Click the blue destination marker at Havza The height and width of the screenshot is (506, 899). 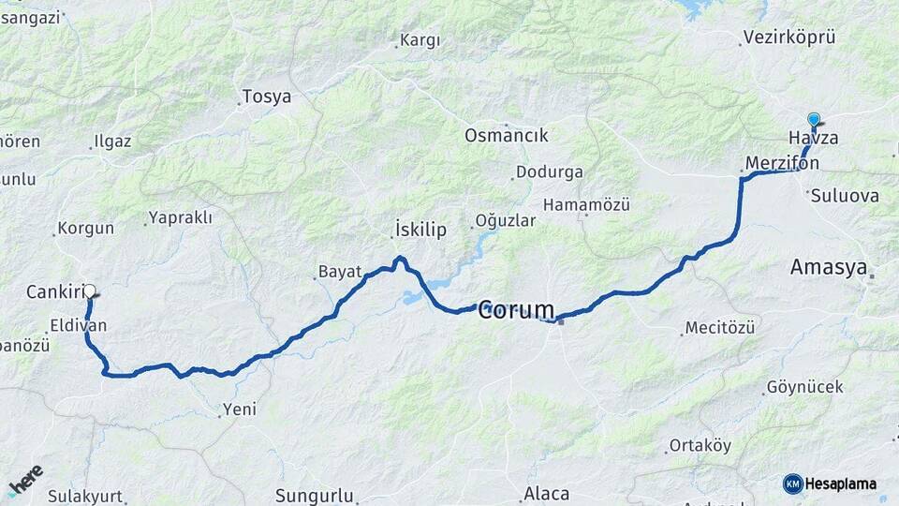[814, 120]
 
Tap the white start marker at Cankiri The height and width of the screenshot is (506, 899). [90, 291]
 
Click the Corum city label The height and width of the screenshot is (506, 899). [516, 310]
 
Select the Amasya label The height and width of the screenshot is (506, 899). [828, 267]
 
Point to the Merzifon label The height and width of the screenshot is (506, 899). [782, 163]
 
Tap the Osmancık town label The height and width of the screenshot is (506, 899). [506, 135]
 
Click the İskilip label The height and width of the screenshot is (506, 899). [420, 230]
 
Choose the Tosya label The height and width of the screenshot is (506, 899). [266, 97]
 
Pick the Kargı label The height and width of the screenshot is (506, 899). [419, 40]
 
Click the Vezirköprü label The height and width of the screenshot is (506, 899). [788, 37]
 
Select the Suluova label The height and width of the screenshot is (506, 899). [845, 197]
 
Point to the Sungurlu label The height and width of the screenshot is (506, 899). [314, 495]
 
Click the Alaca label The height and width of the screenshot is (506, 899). [546, 494]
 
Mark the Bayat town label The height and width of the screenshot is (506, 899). [340, 272]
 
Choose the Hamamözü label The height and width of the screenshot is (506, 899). [586, 204]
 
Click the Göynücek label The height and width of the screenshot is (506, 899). [804, 387]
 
